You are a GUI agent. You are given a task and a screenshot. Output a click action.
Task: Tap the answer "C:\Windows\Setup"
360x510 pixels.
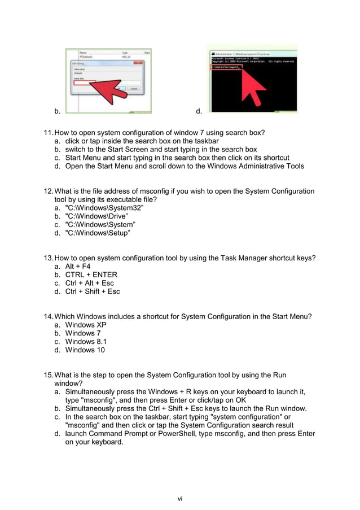click(x=98, y=233)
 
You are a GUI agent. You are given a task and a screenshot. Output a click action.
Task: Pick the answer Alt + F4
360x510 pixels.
click(x=78, y=266)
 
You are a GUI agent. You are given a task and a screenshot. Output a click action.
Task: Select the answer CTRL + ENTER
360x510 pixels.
click(x=91, y=274)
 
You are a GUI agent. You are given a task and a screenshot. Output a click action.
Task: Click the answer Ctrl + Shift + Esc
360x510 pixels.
click(x=93, y=291)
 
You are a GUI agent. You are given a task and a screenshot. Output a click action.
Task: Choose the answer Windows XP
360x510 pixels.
click(x=86, y=325)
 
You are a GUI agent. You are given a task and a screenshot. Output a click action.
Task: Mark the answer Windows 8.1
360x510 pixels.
click(x=86, y=341)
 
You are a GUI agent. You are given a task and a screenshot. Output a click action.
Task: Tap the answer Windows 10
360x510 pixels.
click(x=85, y=350)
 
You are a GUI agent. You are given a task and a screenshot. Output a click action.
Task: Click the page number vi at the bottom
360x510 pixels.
click(x=180, y=498)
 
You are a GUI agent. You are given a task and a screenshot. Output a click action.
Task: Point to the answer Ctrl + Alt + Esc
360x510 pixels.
click(x=89, y=283)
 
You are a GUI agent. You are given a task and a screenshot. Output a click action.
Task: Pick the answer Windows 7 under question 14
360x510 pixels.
click(x=83, y=333)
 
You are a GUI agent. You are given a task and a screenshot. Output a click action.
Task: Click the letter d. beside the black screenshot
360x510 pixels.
click(x=199, y=111)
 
